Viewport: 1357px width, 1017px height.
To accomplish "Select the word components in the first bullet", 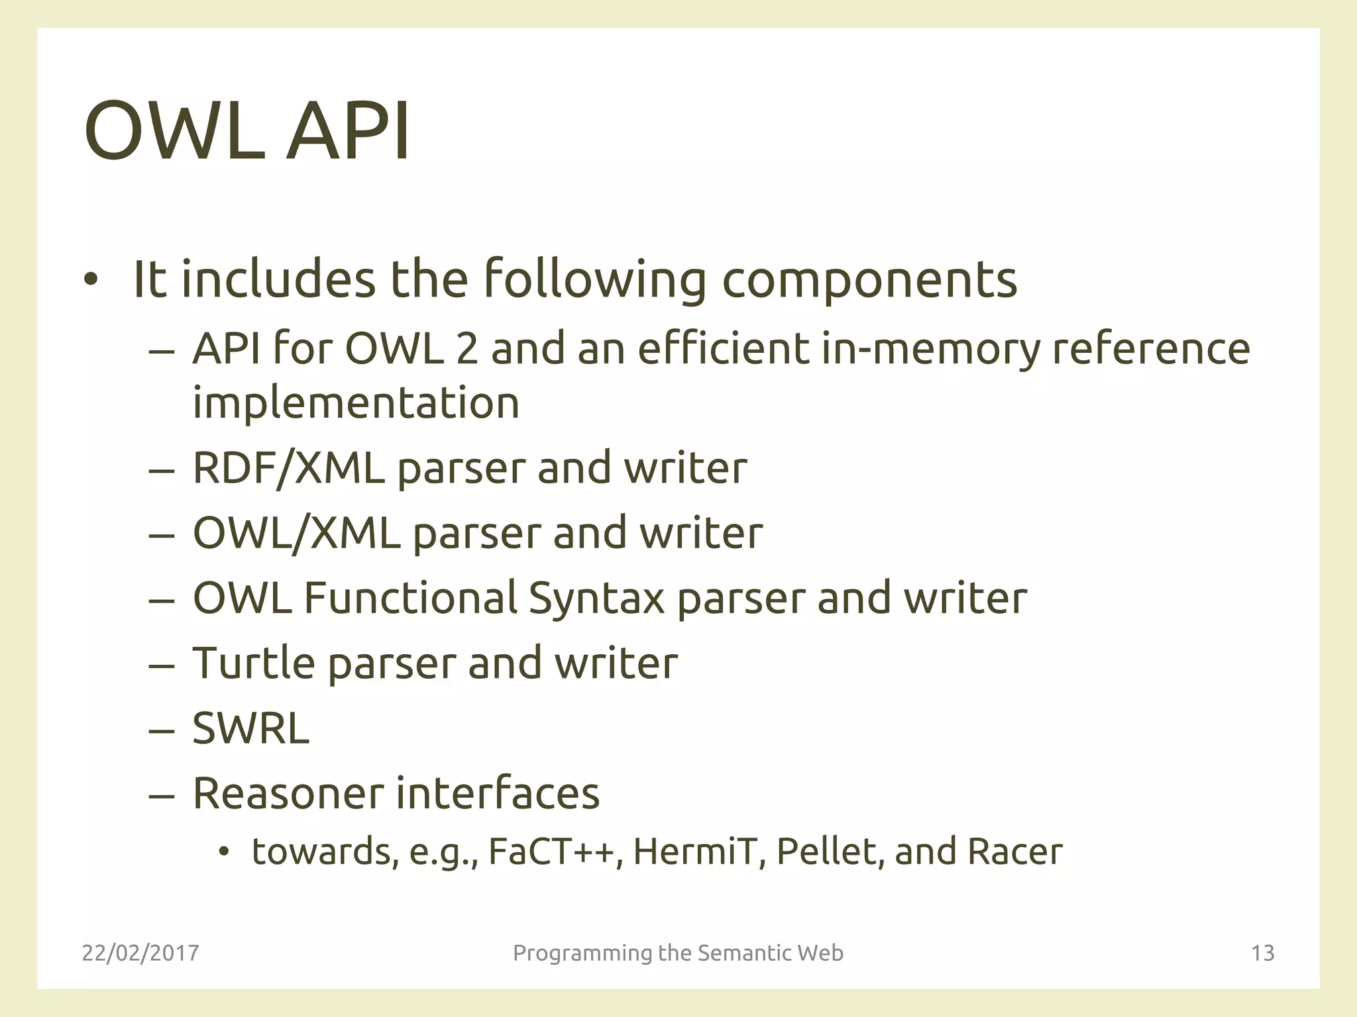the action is pos(869,279).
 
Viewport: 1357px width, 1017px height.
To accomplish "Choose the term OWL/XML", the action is pos(296,533).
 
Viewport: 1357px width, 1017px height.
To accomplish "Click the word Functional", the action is pos(410,598).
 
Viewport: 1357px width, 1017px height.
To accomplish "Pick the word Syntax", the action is pos(596,598).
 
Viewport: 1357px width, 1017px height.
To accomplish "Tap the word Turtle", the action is pos(253,663).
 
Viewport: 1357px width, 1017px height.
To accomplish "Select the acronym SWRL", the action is pos(250,728).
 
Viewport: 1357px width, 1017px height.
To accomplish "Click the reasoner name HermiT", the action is pos(694,852).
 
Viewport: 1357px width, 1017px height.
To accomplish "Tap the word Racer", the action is pos(1014,852).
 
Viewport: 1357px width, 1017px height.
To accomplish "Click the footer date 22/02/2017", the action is pos(140,953).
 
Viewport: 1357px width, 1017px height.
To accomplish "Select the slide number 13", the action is pos(1262,953).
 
